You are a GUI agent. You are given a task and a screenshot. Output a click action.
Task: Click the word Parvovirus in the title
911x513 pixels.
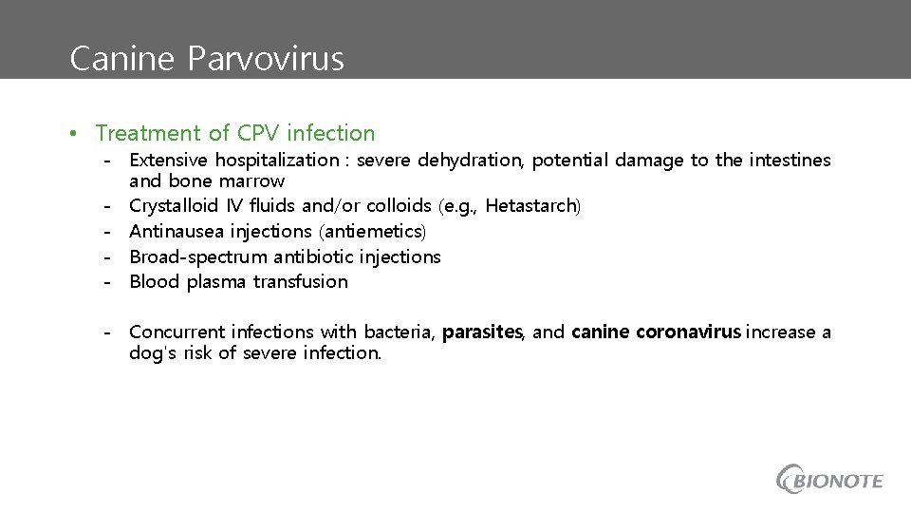coord(266,60)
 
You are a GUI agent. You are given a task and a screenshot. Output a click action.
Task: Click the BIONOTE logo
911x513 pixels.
coord(829,480)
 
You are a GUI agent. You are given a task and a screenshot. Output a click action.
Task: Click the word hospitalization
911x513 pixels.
coord(276,161)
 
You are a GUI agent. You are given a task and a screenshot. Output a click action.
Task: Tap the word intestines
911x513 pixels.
coord(787,161)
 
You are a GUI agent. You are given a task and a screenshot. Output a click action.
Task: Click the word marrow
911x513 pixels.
coord(251,180)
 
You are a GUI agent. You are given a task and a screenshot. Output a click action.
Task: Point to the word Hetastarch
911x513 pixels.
coord(530,206)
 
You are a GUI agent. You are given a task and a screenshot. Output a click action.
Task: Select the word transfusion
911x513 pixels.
coord(301,282)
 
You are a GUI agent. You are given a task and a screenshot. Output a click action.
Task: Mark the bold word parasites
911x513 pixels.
coord(482,332)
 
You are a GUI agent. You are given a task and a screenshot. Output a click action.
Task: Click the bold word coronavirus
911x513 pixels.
coord(689,332)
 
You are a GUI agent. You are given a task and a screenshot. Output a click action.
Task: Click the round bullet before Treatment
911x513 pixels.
coord(73,134)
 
